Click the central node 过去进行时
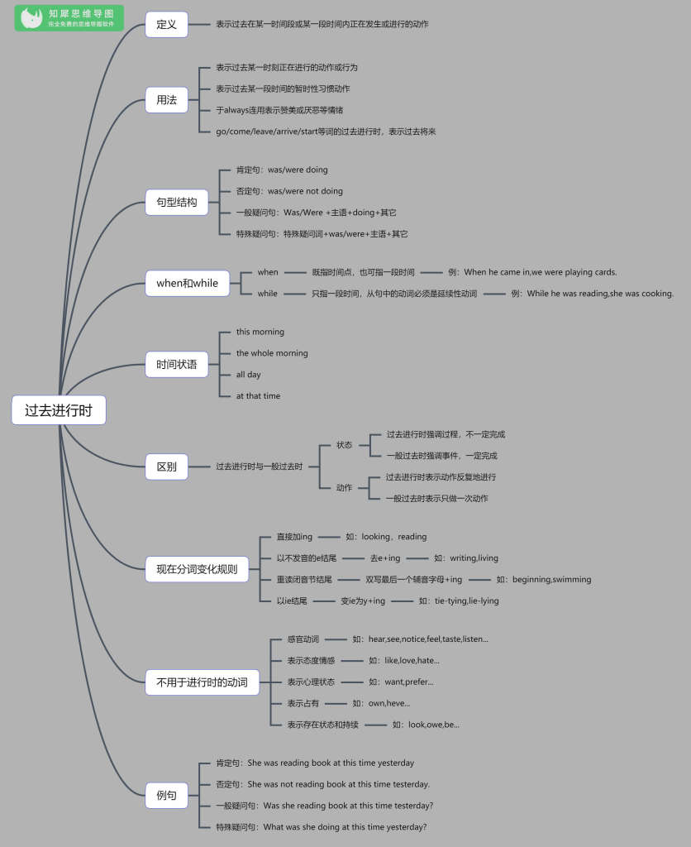click(x=59, y=410)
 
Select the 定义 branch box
click(x=166, y=24)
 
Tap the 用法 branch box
click(x=166, y=100)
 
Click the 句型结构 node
click(x=177, y=203)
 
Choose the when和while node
click(x=188, y=283)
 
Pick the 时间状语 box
click(x=177, y=365)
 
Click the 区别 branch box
click(x=166, y=467)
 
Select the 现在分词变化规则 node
click(x=197, y=569)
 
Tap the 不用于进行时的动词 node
click(x=202, y=682)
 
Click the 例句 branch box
click(x=166, y=795)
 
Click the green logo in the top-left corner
click(x=69, y=18)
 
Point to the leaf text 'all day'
click(x=248, y=375)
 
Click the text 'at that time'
click(x=258, y=396)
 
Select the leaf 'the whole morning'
click(x=272, y=353)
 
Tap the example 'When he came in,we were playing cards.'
click(x=532, y=272)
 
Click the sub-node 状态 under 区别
click(x=344, y=445)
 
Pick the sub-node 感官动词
click(x=303, y=639)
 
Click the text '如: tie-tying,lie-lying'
click(x=459, y=601)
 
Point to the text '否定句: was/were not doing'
click(x=289, y=191)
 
